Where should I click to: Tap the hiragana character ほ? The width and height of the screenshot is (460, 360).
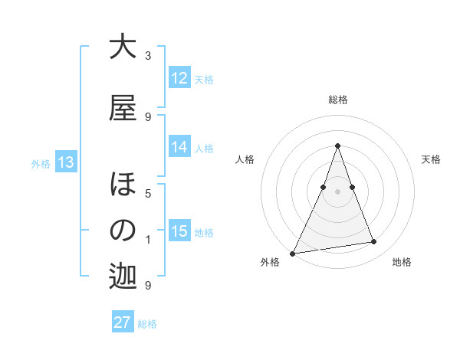click(123, 185)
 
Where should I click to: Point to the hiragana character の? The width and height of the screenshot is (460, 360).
click(123, 231)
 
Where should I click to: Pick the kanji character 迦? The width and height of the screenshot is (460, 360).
click(123, 277)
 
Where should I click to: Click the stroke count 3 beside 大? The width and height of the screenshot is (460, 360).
click(148, 56)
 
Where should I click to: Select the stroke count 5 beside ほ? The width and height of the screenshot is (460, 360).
click(148, 194)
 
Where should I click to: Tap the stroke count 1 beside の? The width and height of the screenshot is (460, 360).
click(148, 240)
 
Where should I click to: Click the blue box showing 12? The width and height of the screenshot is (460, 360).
click(179, 78)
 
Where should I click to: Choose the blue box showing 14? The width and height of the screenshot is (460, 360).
click(179, 147)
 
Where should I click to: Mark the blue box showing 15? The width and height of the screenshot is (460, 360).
click(179, 231)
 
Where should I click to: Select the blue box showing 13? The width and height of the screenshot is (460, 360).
click(66, 162)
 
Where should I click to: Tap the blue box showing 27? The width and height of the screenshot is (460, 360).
click(123, 322)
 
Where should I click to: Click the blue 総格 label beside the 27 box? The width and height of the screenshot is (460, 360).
click(147, 324)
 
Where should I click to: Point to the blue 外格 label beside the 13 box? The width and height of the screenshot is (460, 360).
click(41, 163)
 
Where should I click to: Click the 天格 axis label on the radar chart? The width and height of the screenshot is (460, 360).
click(431, 159)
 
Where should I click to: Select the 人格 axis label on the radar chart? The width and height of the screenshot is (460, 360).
click(245, 159)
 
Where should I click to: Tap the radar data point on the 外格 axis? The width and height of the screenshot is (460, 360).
click(292, 254)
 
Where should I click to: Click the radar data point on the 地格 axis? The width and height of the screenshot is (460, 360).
click(374, 242)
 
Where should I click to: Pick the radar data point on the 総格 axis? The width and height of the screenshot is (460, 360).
click(337, 146)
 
